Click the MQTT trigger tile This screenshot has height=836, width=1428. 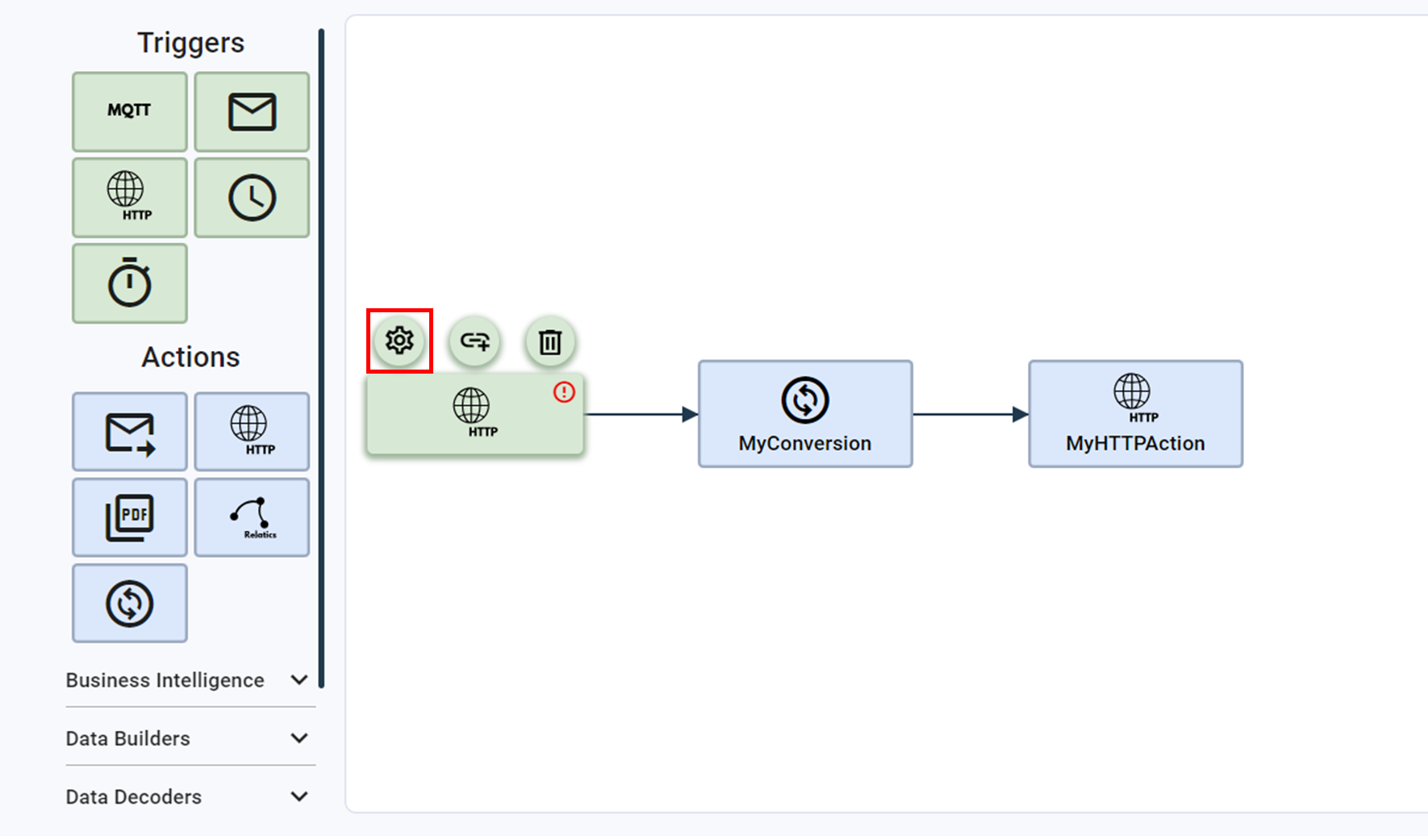(x=129, y=111)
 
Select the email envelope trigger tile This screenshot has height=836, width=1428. (x=252, y=111)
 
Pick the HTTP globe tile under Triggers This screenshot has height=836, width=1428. (x=129, y=197)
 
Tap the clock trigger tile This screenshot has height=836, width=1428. (x=252, y=197)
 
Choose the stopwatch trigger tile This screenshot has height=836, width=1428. (x=129, y=283)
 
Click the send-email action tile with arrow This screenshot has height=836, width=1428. (x=129, y=432)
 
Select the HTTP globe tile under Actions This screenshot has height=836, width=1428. (x=252, y=432)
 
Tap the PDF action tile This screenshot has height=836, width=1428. (x=129, y=517)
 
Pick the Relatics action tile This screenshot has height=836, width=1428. (x=252, y=517)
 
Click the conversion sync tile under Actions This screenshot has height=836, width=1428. (x=129, y=603)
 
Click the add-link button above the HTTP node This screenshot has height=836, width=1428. (x=474, y=341)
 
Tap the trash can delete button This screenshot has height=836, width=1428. (x=550, y=341)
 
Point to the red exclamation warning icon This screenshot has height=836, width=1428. (x=564, y=392)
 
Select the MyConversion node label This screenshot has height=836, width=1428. (x=804, y=443)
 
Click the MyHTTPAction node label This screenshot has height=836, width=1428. (x=1135, y=443)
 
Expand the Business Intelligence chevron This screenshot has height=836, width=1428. (x=299, y=680)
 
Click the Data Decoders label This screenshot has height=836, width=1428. (x=134, y=796)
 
